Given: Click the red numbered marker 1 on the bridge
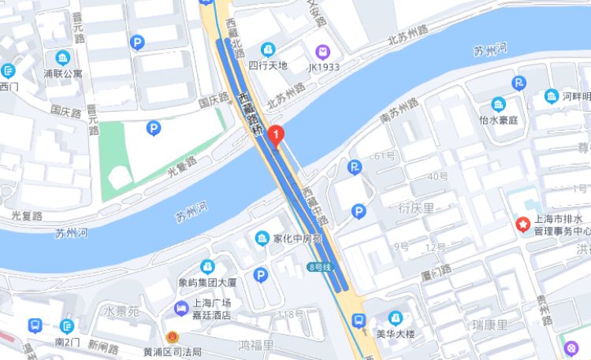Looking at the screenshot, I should click(275, 135).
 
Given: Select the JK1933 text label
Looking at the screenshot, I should click(323, 67).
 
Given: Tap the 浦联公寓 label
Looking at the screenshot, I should click(62, 74).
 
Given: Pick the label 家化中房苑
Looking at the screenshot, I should click(298, 238).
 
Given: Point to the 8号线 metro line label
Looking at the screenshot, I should click(318, 267).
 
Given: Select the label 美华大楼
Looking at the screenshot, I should click(395, 333).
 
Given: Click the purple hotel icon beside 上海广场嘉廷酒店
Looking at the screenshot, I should click(181, 308).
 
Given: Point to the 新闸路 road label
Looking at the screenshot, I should click(102, 347).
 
